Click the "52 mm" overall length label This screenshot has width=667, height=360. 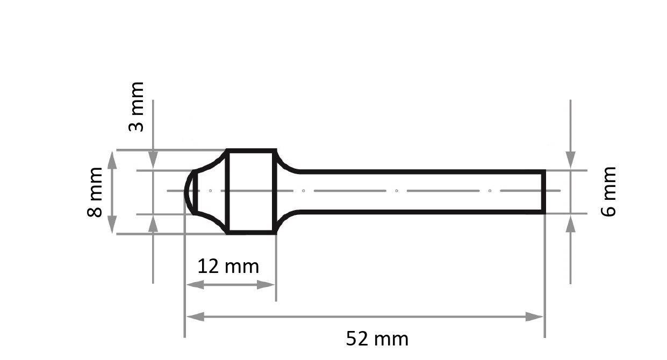pos(377,339)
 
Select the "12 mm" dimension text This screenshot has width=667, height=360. pos(228,266)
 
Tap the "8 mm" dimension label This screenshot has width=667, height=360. pos(95,191)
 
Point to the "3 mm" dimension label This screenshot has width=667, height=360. pos(137,106)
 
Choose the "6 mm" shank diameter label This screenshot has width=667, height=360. pos(608,191)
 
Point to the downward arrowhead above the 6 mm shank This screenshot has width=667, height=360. pos(570,160)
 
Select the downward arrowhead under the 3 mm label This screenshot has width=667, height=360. pos(153,160)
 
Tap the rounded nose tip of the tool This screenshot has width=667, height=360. pos(187,191)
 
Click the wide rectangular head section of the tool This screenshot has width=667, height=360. pos(251,191)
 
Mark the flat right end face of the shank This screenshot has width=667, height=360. pos(544,191)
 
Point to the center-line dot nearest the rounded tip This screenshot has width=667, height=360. pos(210,191)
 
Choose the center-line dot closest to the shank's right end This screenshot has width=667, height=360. pos(490,191)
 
